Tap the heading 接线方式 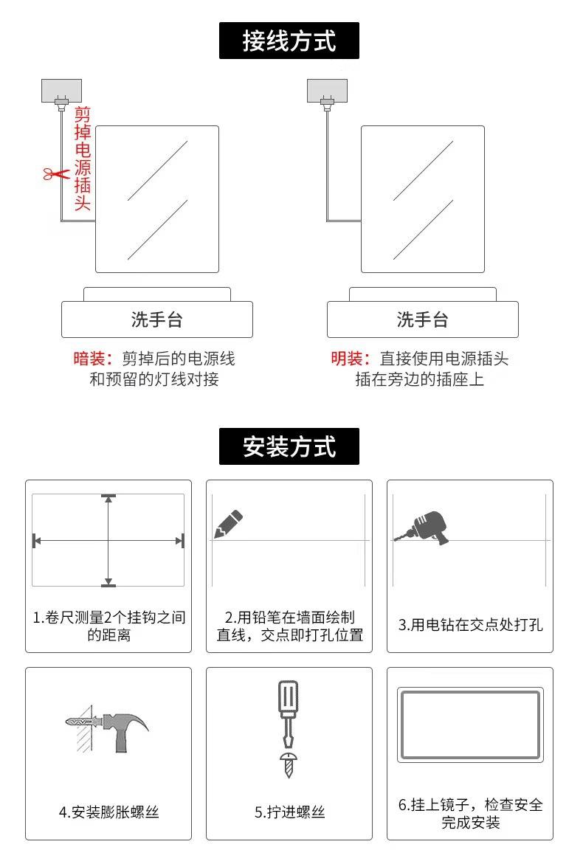289,41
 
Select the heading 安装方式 289,446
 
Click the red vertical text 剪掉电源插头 83,158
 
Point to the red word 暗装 92,359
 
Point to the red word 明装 349,359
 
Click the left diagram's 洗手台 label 156,320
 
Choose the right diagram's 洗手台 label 422,320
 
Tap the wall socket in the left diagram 61,91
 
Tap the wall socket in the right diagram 327,91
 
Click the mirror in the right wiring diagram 422,199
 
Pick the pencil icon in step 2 228,523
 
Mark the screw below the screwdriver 289,765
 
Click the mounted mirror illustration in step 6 470,725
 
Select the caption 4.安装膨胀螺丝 108,812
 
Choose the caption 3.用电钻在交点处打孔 470,625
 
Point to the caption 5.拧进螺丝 289,812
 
